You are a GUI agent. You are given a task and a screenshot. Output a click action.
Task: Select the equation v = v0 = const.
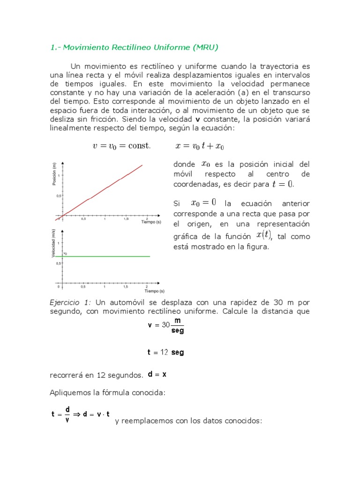pyautogui.click(x=122, y=146)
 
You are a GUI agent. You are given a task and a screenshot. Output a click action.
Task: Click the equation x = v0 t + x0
pyautogui.click(x=200, y=146)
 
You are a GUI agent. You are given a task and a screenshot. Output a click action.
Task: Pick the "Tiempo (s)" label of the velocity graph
pyautogui.click(x=151, y=291)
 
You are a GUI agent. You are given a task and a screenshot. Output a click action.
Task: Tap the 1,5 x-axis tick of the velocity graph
pyautogui.click(x=126, y=286)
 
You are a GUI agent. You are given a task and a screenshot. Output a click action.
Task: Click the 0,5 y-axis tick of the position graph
pyautogui.click(x=58, y=196)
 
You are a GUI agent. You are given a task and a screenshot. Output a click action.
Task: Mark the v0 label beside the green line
pyautogui.click(x=66, y=253)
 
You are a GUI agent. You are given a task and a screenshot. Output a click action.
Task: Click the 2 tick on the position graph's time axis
pyautogui.click(x=148, y=218)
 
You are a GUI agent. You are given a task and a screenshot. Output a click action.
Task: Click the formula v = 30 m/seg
pyautogui.click(x=165, y=325)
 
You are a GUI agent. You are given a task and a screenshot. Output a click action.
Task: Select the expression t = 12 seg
pyautogui.click(x=165, y=352)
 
